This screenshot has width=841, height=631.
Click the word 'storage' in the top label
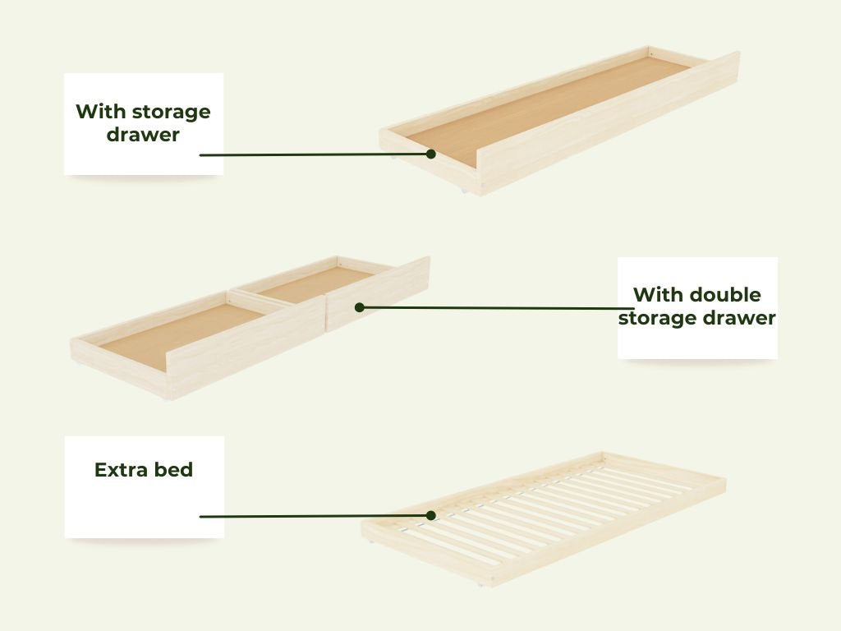click(x=171, y=112)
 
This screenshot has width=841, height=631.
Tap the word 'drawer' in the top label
click(x=143, y=134)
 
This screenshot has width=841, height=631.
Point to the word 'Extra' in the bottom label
click(x=120, y=469)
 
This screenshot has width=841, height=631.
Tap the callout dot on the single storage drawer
click(x=430, y=154)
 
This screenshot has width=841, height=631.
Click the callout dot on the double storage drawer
click(x=360, y=307)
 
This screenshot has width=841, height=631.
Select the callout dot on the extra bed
click(x=430, y=516)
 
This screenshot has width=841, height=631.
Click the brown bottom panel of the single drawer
click(x=547, y=109)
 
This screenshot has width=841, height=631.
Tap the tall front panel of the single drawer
click(x=609, y=122)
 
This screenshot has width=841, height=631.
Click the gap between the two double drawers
click(x=325, y=313)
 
